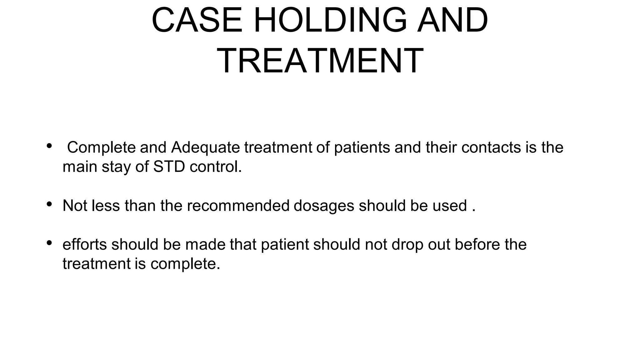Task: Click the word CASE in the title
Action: tap(197, 20)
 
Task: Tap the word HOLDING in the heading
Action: tap(331, 20)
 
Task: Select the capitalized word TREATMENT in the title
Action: tap(320, 61)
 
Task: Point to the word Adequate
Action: tap(205, 147)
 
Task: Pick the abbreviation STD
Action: tap(169, 167)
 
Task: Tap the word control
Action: tap(216, 167)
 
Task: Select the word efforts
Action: tap(85, 244)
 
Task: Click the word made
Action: tap(205, 244)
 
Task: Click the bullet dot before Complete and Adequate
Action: tap(49, 146)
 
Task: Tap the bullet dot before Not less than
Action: tap(49, 204)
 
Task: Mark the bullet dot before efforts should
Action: tap(49, 242)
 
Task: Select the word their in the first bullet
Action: tap(441, 147)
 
